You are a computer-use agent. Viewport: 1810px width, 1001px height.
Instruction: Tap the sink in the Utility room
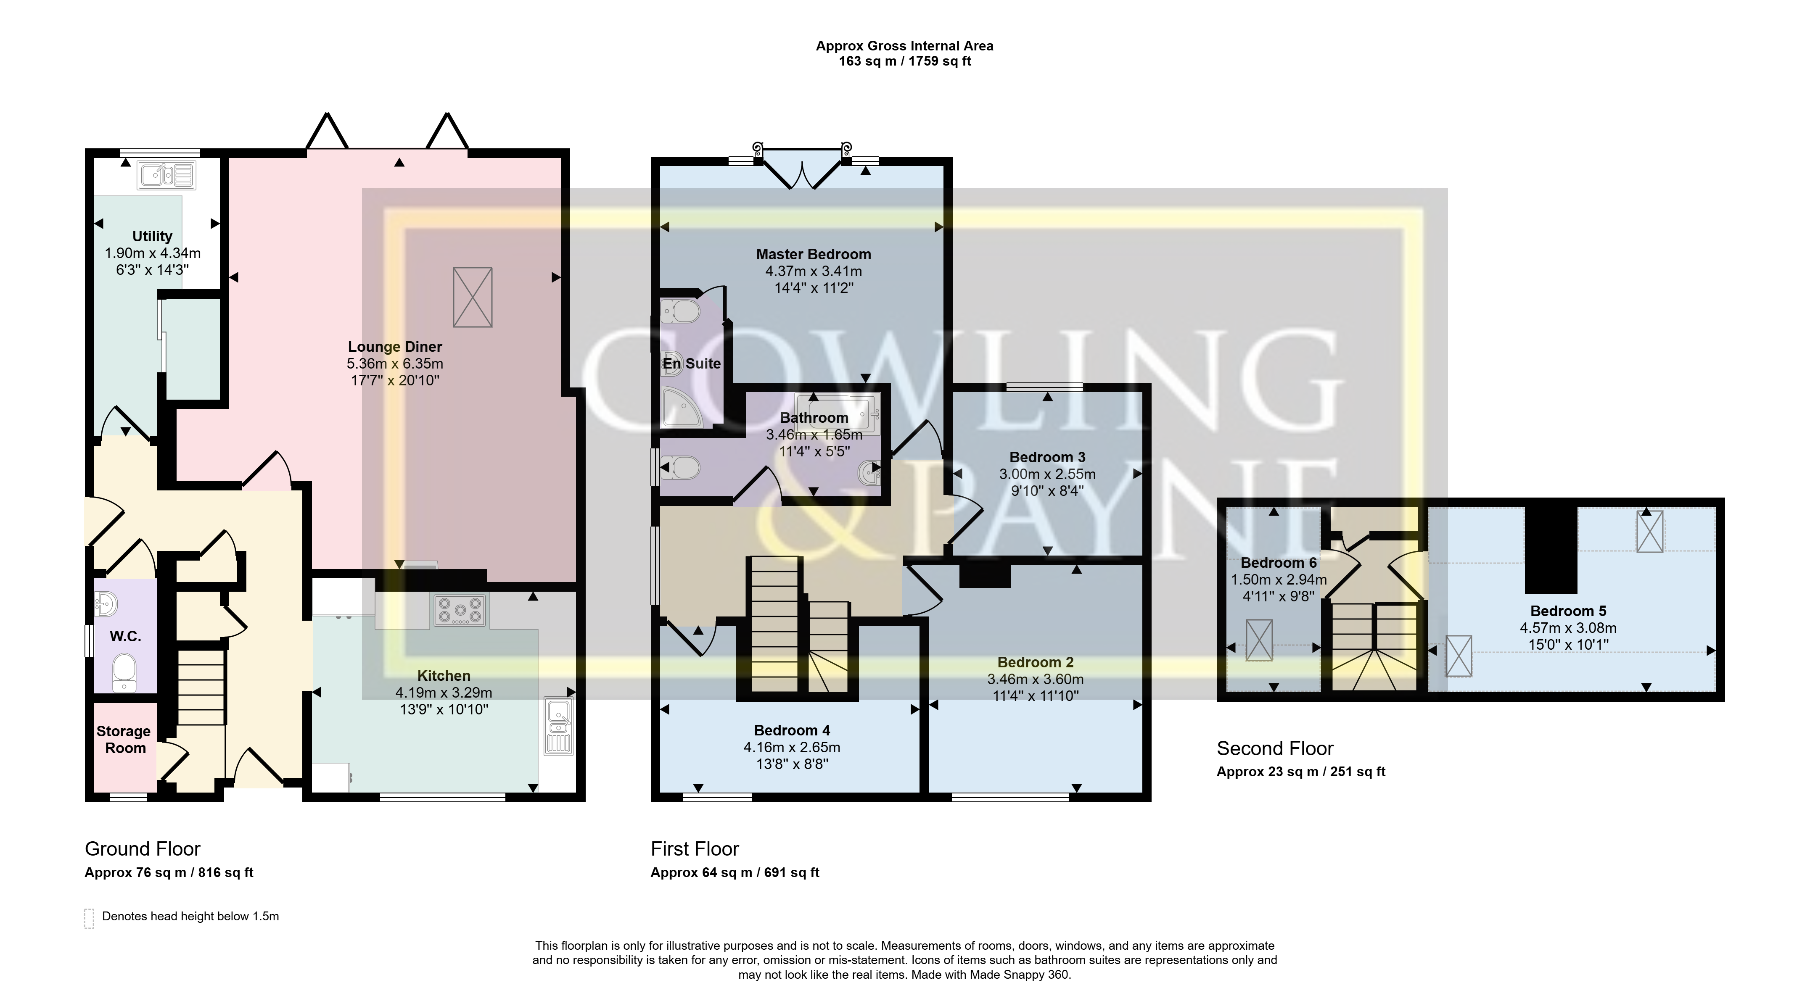(166, 175)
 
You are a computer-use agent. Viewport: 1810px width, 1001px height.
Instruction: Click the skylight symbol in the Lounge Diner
(473, 297)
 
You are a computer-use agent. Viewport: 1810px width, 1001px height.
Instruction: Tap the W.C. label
(126, 636)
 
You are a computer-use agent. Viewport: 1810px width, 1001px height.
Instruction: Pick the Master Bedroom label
(813, 254)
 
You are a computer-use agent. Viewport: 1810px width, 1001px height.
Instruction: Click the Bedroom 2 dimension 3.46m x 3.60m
(1035, 679)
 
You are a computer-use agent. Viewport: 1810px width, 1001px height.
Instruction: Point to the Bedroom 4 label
(792, 730)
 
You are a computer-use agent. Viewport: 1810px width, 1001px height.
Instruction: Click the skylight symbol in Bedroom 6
(1259, 640)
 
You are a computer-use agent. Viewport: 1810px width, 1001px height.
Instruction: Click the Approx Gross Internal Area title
(904, 46)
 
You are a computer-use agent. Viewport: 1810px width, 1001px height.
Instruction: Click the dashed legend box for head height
(89, 918)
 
